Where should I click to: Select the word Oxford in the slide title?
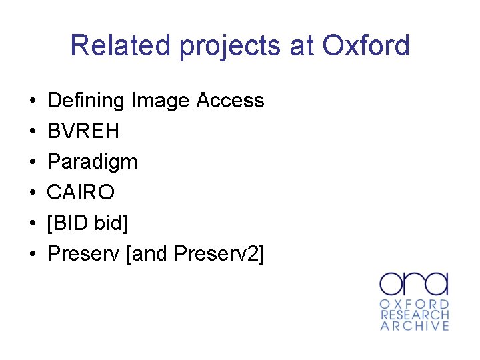(366, 45)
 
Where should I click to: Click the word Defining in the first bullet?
(86, 101)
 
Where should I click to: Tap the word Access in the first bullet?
(231, 101)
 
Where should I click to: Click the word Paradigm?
(93, 162)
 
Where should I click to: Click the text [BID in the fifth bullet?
(68, 223)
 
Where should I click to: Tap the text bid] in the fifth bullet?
(109, 223)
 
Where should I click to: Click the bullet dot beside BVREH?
(33, 132)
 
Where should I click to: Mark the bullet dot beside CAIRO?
(33, 193)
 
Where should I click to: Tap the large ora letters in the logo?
(414, 283)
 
